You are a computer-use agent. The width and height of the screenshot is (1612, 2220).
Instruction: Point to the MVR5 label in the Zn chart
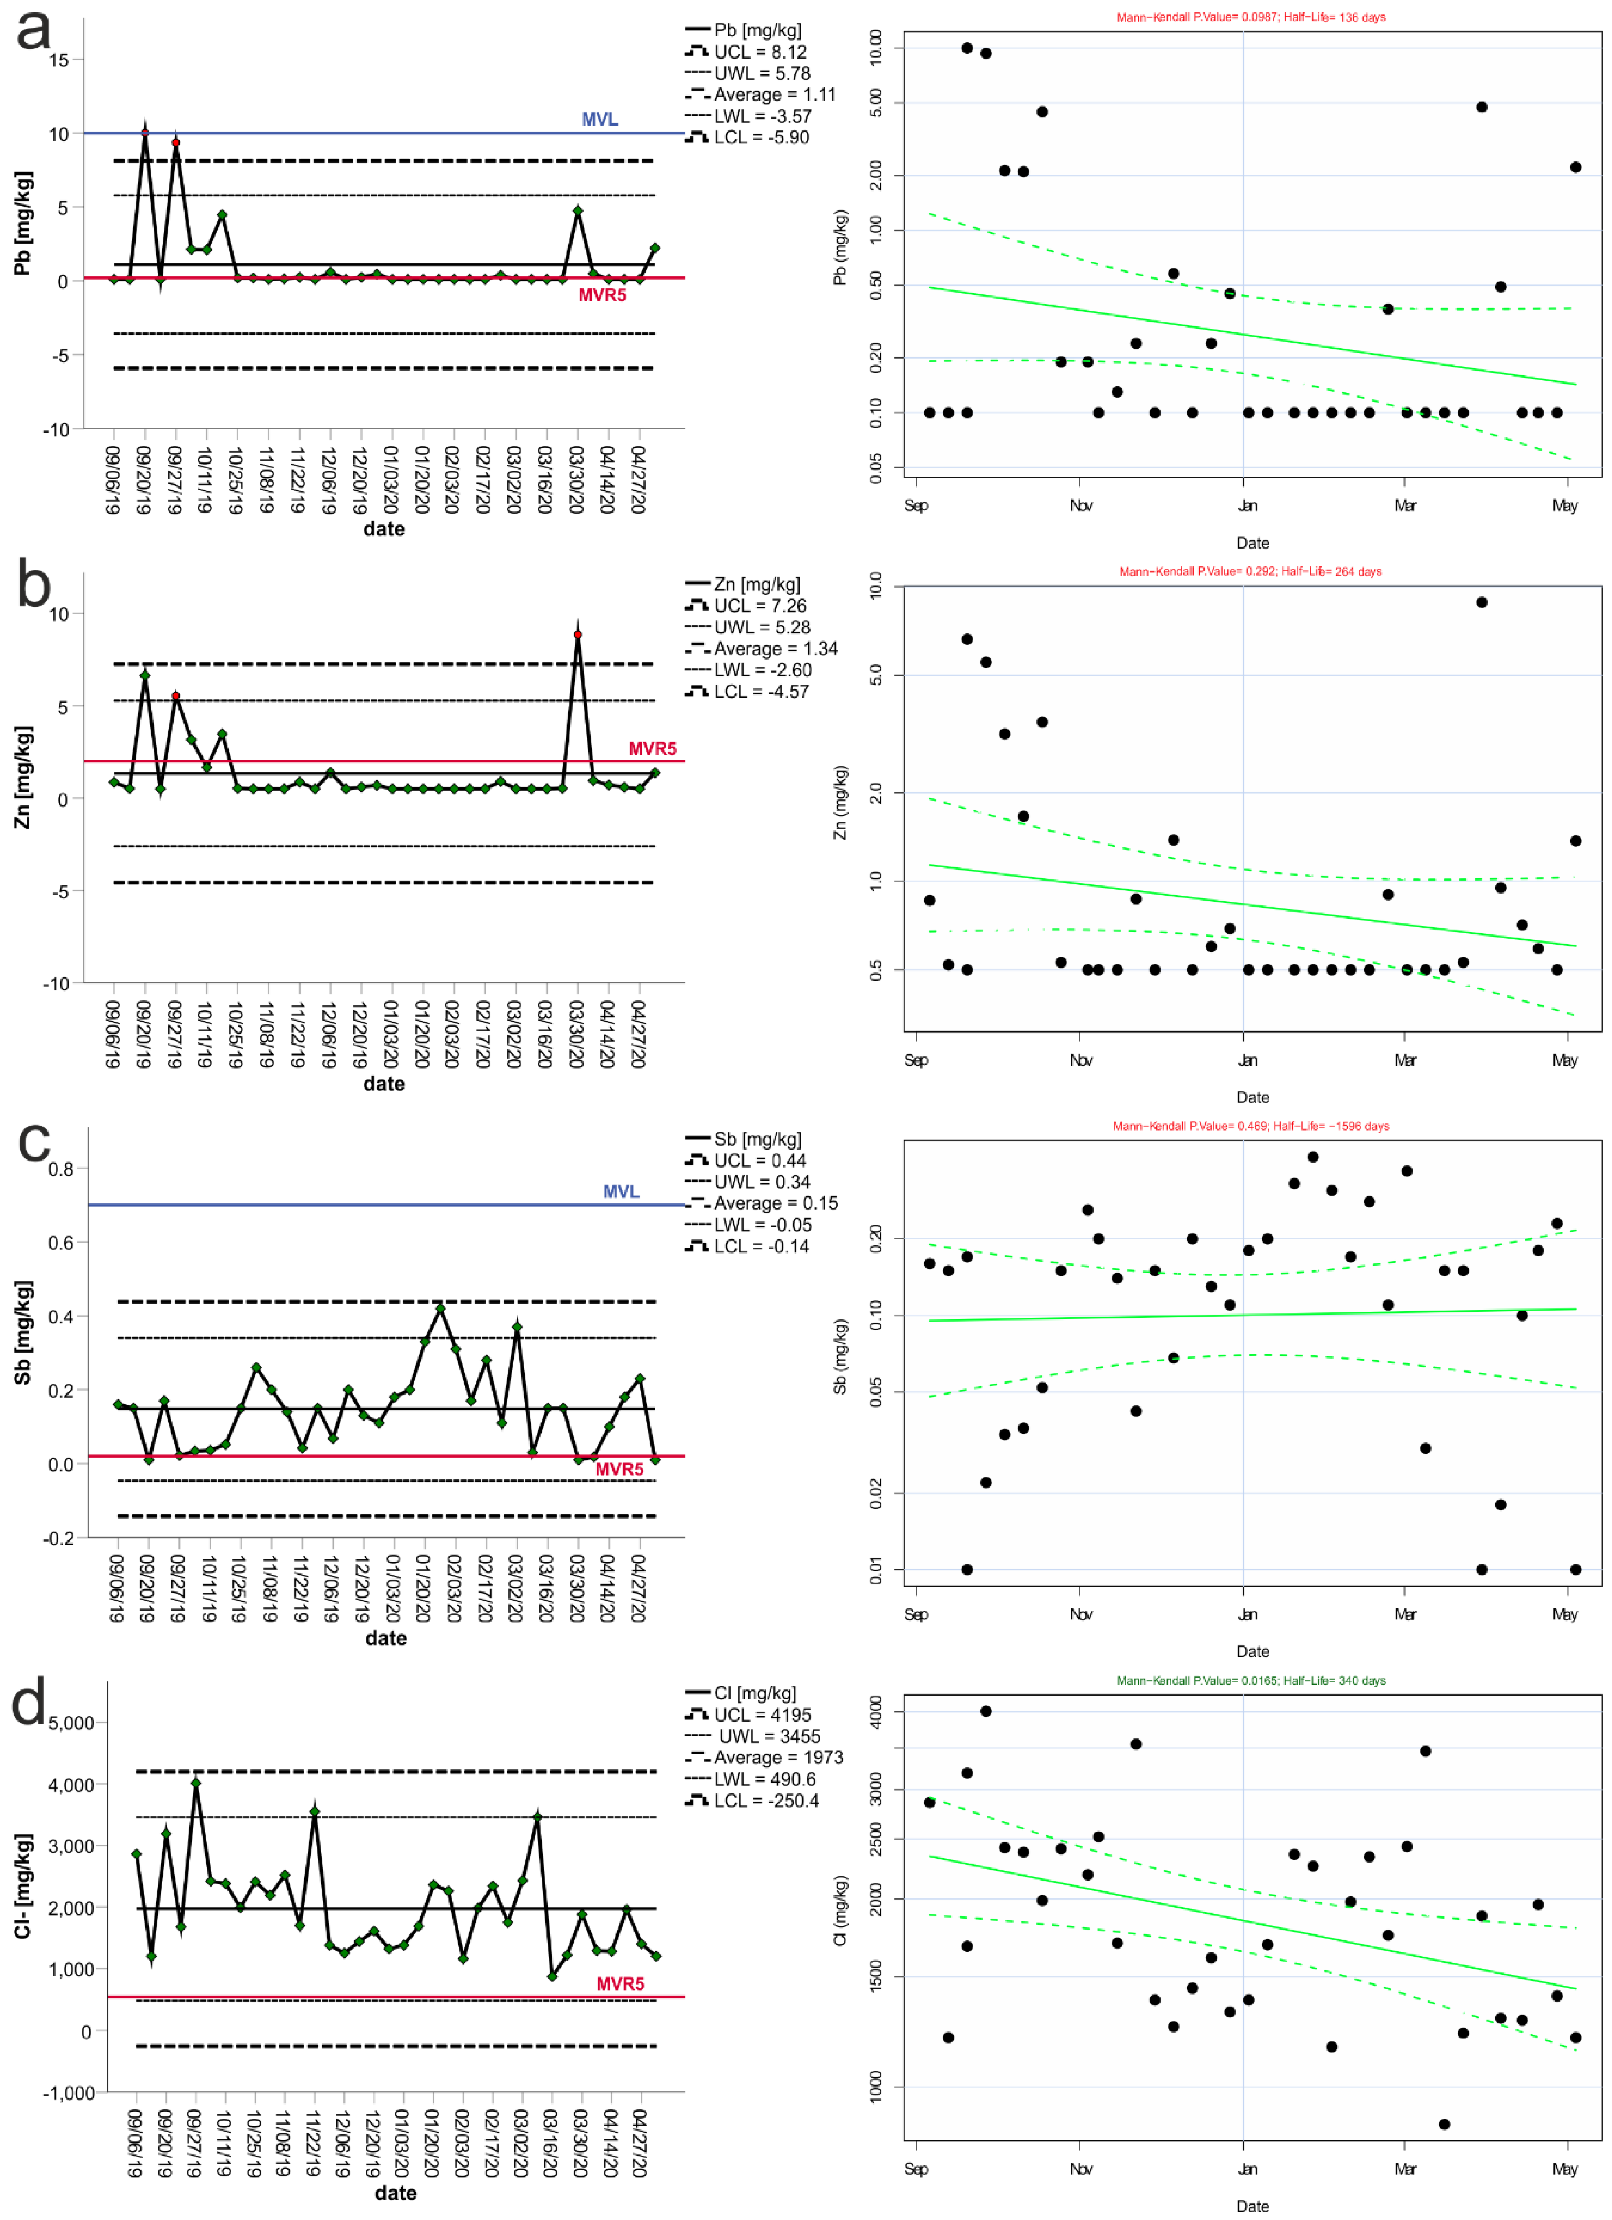652,749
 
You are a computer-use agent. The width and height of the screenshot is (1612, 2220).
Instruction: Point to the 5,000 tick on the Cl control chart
70,1723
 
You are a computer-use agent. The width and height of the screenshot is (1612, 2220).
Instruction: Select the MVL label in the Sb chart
621,1191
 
